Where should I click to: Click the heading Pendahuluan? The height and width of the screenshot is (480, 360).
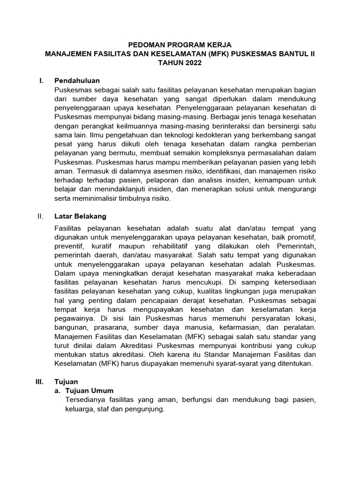click(77, 81)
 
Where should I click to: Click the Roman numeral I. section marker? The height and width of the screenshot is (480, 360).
click(41, 81)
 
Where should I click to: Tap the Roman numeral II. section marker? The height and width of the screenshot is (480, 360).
click(40, 216)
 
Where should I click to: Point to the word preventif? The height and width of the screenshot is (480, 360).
click(69, 246)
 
